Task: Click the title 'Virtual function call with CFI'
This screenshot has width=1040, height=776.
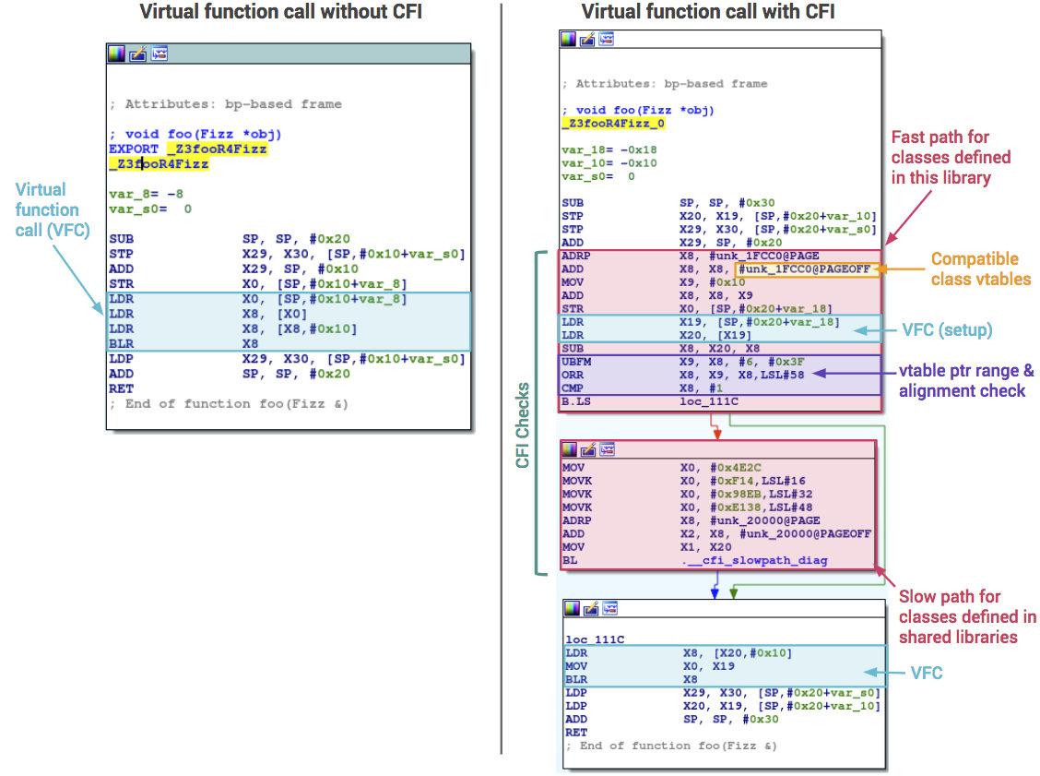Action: tap(708, 12)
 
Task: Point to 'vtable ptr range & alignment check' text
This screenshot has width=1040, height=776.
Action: tap(965, 381)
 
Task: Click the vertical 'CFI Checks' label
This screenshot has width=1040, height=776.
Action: tap(523, 424)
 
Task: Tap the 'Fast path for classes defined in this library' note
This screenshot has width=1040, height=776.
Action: tap(951, 157)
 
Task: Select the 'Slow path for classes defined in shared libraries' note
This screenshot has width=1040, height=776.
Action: tap(966, 616)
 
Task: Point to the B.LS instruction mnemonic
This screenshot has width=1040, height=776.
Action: tap(576, 402)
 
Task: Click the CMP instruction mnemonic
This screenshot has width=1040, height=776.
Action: tap(572, 389)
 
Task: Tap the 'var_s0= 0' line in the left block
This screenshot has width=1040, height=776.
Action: tap(150, 209)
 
